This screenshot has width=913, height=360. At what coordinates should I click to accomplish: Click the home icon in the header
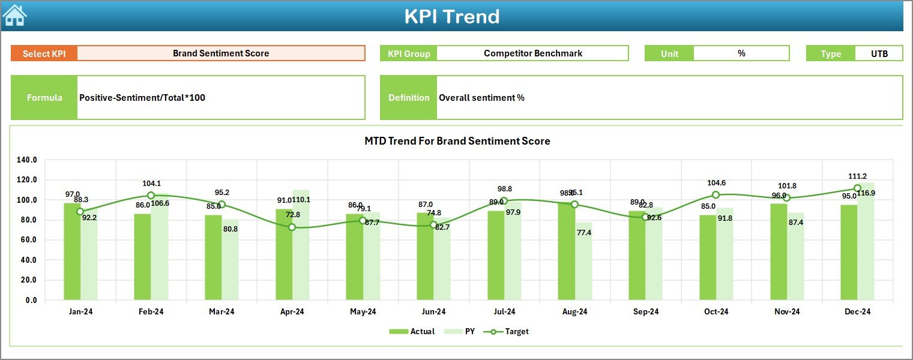coord(14,16)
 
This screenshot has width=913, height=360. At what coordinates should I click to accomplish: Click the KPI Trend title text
coord(451,16)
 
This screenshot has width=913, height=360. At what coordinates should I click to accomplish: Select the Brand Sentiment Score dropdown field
coord(221,53)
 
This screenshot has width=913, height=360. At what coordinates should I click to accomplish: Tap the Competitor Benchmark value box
coord(532,53)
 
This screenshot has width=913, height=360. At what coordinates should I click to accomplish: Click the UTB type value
coord(879,53)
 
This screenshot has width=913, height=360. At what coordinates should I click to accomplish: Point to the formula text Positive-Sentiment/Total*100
coord(142,97)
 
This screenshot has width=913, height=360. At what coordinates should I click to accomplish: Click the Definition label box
coord(408,97)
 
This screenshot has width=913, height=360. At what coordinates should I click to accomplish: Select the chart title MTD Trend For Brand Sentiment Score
coord(457,141)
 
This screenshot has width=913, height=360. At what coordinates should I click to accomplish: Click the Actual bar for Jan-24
coord(72,252)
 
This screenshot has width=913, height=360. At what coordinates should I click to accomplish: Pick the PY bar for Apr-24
coord(301,246)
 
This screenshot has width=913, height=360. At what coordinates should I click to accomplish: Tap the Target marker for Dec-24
coord(857,188)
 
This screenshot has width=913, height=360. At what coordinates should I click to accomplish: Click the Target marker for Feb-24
coord(151,196)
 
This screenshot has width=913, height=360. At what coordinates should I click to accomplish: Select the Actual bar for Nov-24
coord(779,252)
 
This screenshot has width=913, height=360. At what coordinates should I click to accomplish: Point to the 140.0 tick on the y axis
coord(27,160)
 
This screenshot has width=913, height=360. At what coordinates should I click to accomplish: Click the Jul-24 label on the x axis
coord(504,311)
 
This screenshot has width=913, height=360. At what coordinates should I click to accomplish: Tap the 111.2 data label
coord(857,176)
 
